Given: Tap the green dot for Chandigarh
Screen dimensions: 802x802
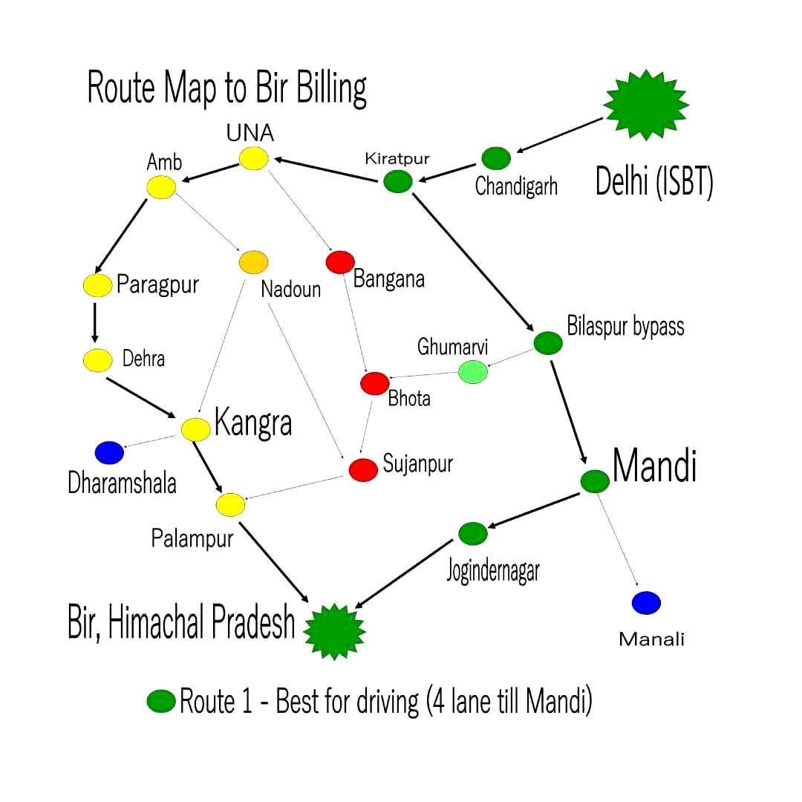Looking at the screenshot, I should [496, 158].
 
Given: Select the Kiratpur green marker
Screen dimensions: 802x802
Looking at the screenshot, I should [398, 181].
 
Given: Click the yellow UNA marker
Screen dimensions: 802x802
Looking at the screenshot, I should [253, 158].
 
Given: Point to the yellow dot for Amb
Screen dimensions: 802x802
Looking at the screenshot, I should [161, 187].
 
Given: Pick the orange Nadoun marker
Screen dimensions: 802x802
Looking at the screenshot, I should [253, 261].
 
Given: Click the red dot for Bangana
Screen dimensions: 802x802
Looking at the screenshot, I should [340, 262].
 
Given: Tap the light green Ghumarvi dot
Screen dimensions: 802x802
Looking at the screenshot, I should [472, 372].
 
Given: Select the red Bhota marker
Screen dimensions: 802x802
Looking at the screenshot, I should [374, 383].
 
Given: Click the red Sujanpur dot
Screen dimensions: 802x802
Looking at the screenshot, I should [363, 469].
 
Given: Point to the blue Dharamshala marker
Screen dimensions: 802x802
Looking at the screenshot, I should [109, 451].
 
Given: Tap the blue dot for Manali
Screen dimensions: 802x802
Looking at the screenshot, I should [646, 602].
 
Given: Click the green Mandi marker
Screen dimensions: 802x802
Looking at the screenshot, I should [594, 481].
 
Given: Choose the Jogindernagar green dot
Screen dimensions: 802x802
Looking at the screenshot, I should [473, 532].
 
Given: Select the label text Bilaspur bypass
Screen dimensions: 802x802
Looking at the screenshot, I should [625, 327].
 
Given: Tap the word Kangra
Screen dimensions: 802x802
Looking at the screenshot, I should [253, 423].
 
